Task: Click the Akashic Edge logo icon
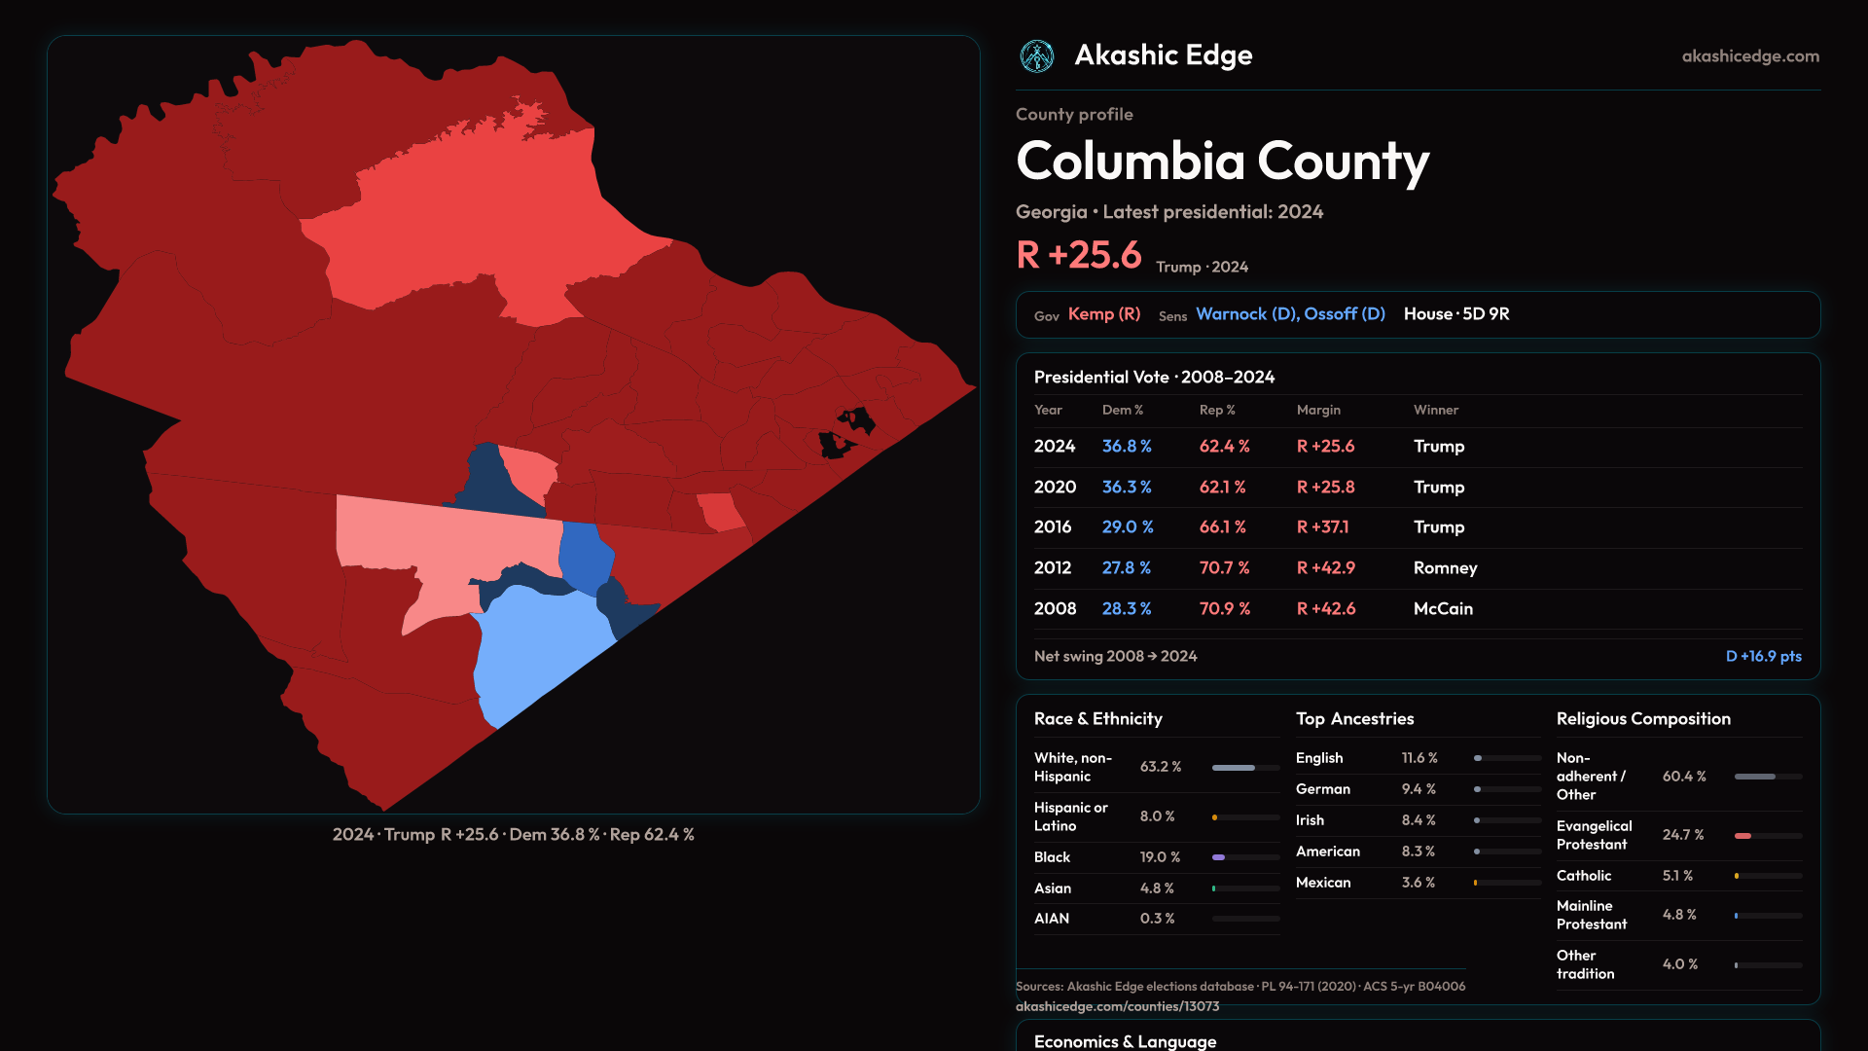[x=1036, y=56]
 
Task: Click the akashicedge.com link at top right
[x=1749, y=56]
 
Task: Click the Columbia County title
[x=1222, y=162]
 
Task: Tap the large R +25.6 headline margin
[x=1078, y=255]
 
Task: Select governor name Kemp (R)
[x=1103, y=314]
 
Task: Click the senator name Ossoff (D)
[x=1345, y=314]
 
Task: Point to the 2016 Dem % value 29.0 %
[x=1127, y=527]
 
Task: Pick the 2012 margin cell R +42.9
[x=1325, y=568]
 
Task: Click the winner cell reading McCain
[x=1442, y=609]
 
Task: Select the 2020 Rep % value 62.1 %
[x=1222, y=488]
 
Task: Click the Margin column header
[x=1318, y=411]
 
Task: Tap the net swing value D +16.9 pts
[x=1763, y=657]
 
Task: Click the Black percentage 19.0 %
[x=1160, y=857]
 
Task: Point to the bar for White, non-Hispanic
[x=1245, y=768]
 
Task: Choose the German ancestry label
[x=1322, y=789]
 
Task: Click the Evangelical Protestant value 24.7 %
[x=1682, y=835]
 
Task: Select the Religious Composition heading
[x=1642, y=719]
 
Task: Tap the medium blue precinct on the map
[x=585, y=557]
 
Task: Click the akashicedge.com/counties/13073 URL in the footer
[x=1117, y=1007]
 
